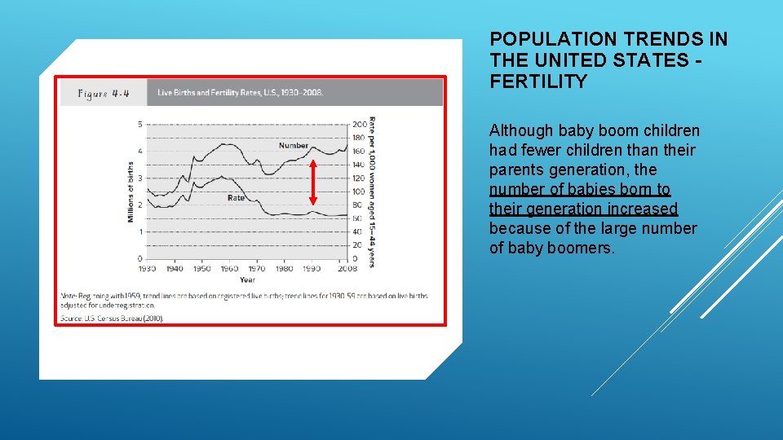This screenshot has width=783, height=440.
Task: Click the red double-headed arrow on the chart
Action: click(312, 183)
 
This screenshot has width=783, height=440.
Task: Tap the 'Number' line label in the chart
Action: click(293, 146)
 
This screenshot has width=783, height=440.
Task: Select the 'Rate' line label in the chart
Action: click(236, 198)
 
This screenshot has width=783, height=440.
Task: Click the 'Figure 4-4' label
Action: click(104, 93)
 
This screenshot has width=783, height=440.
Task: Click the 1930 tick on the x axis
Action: click(147, 269)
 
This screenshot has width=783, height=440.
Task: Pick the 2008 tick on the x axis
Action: click(347, 269)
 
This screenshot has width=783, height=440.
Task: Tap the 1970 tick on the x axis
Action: click(257, 269)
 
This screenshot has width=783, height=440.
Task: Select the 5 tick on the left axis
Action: click(139, 124)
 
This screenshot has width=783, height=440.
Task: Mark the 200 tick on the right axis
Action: click(359, 124)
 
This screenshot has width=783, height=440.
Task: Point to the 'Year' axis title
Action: click(247, 280)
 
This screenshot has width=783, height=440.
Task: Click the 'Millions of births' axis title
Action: click(130, 192)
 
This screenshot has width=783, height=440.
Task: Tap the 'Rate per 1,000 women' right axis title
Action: click(372, 192)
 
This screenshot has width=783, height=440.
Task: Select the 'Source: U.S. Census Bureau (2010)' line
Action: click(113, 318)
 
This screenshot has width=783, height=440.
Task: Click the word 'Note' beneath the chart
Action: click(69, 295)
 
